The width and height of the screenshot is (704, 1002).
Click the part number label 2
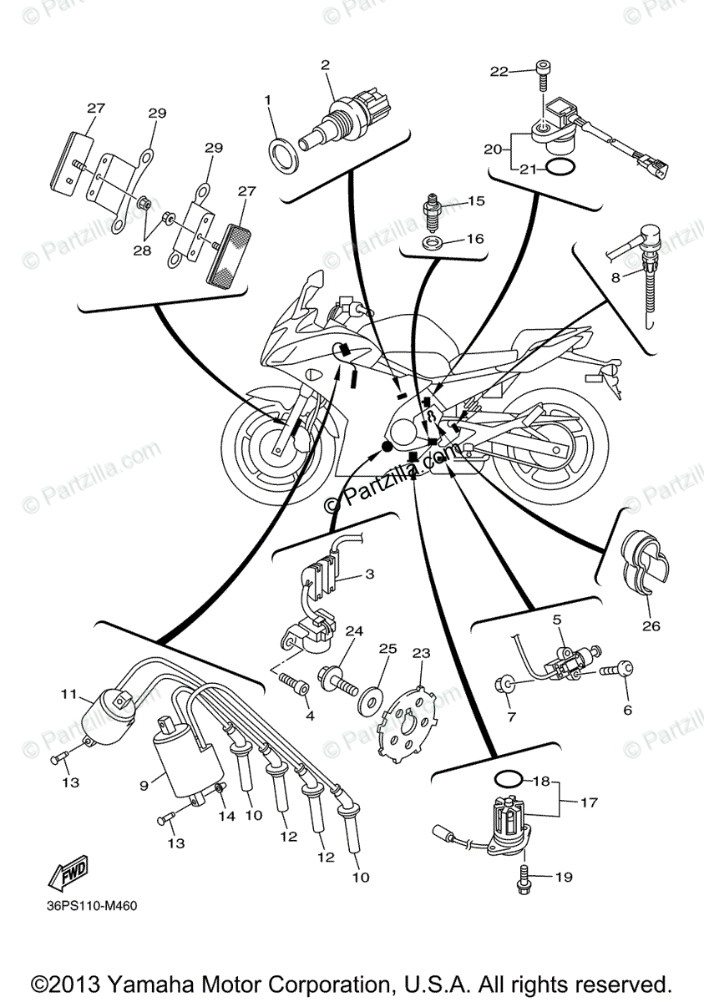pos(326,64)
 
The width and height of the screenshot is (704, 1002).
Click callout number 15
pos(476,200)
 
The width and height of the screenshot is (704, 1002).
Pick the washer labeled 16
pos(432,242)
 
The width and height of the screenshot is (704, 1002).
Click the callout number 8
pos(615,277)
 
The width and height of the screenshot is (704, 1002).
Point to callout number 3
pos(369,574)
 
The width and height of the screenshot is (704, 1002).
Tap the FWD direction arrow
pos(68,872)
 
